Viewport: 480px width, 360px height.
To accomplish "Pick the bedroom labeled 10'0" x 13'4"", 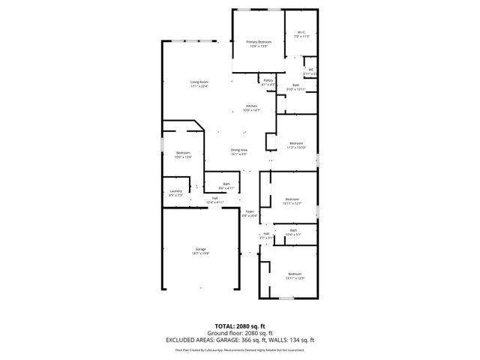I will pyautogui.click(x=183, y=154).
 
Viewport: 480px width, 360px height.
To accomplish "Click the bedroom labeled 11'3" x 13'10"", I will pyautogui.click(x=296, y=145).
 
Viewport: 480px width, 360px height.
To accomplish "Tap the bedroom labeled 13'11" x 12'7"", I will pyautogui.click(x=292, y=200).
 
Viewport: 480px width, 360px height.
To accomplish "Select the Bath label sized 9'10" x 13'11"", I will pyautogui.click(x=295, y=87).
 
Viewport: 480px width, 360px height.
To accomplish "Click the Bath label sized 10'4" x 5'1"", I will pyautogui.click(x=293, y=232).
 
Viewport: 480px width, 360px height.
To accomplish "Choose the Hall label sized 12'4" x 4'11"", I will pyautogui.click(x=214, y=200).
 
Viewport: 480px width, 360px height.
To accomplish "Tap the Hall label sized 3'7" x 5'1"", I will pyautogui.click(x=266, y=235).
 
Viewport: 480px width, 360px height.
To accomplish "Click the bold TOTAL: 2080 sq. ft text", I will pyautogui.click(x=239, y=326).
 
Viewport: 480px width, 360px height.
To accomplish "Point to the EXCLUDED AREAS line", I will pyautogui.click(x=239, y=340).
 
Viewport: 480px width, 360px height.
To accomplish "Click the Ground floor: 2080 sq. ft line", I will pyautogui.click(x=239, y=333).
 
